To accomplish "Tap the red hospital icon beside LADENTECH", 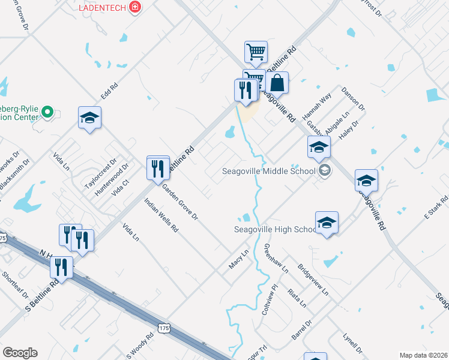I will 135,7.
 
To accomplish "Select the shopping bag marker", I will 277,83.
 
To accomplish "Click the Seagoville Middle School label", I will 268,171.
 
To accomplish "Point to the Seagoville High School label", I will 275,229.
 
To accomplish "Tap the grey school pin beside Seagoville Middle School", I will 324,172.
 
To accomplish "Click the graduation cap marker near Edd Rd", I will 89,118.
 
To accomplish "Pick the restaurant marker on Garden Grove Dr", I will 158,167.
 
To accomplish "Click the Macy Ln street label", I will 238,259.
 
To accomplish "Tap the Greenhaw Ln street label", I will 276,259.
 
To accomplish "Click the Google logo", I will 20,353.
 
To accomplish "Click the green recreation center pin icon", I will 49,112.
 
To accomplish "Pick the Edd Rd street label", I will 109,91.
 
